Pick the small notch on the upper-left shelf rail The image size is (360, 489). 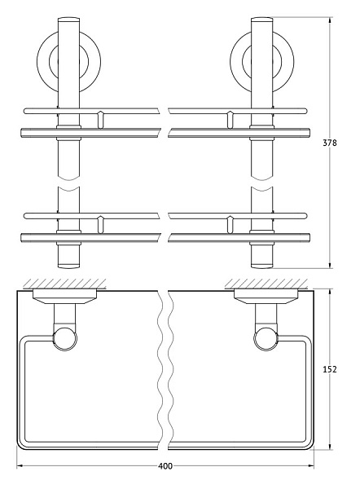99,119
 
